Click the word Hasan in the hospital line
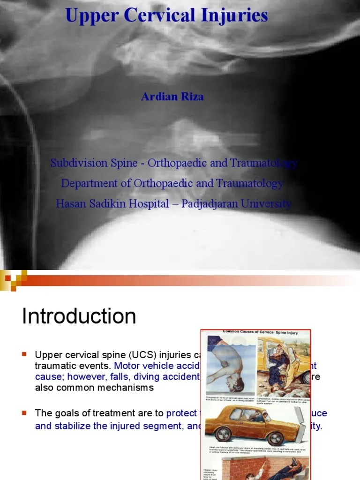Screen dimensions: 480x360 click(x=70, y=204)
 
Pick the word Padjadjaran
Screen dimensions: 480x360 click(x=220, y=204)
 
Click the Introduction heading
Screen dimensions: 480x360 click(x=79, y=316)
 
